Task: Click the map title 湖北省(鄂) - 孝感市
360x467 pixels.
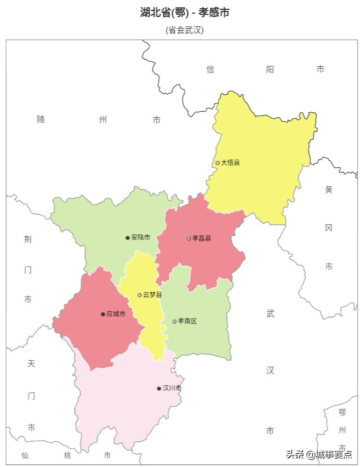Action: tap(185, 12)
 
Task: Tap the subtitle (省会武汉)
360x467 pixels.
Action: tap(185, 30)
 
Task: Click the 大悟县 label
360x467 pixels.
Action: tap(231, 163)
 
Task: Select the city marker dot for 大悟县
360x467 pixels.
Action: tap(218, 163)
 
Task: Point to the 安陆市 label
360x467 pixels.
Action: tap(141, 238)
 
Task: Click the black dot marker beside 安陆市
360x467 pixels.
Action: tap(128, 238)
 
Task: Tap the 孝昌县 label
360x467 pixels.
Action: tap(202, 238)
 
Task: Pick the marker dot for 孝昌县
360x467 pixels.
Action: tap(189, 238)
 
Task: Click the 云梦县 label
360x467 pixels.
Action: tap(152, 295)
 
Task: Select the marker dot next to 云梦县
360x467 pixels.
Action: tap(140, 295)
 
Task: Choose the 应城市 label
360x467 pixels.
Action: tap(116, 314)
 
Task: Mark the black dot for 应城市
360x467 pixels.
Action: tap(103, 314)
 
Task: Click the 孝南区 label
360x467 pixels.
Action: tap(187, 321)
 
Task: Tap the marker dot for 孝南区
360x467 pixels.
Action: tap(175, 321)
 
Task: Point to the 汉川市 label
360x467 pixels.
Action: tap(172, 388)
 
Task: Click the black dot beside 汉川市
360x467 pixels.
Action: tap(159, 388)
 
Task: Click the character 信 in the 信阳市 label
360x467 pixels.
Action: tap(210, 69)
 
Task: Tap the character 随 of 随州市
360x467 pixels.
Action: tap(41, 119)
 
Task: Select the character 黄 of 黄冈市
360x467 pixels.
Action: tap(329, 190)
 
